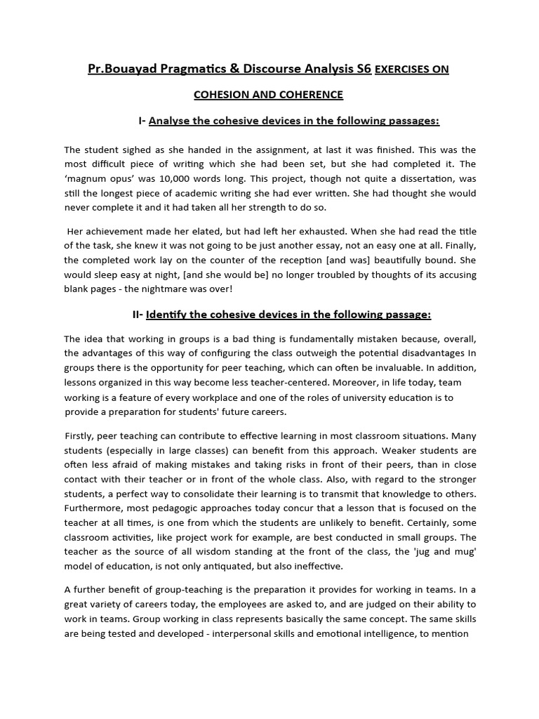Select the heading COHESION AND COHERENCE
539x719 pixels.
(268, 94)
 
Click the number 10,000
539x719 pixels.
(189, 178)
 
